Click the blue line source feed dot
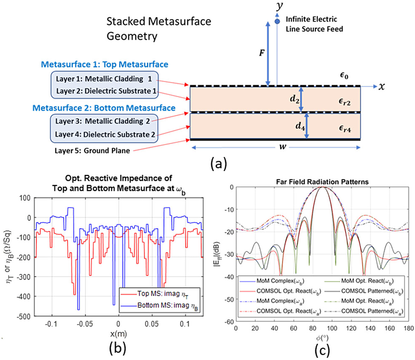(277, 21)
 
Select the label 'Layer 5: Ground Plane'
(92, 151)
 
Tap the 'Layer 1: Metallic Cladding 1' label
(104, 79)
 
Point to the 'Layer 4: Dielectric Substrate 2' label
(105, 134)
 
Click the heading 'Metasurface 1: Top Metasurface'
(105, 65)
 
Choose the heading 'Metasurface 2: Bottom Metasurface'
(104, 108)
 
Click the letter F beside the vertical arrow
(262, 53)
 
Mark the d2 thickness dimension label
(294, 99)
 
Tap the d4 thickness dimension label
(300, 126)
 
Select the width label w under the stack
(283, 147)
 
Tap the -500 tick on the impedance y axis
(24, 316)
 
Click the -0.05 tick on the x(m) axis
(85, 324)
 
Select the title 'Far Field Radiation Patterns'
(322, 182)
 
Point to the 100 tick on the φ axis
(332, 328)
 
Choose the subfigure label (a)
(218, 164)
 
